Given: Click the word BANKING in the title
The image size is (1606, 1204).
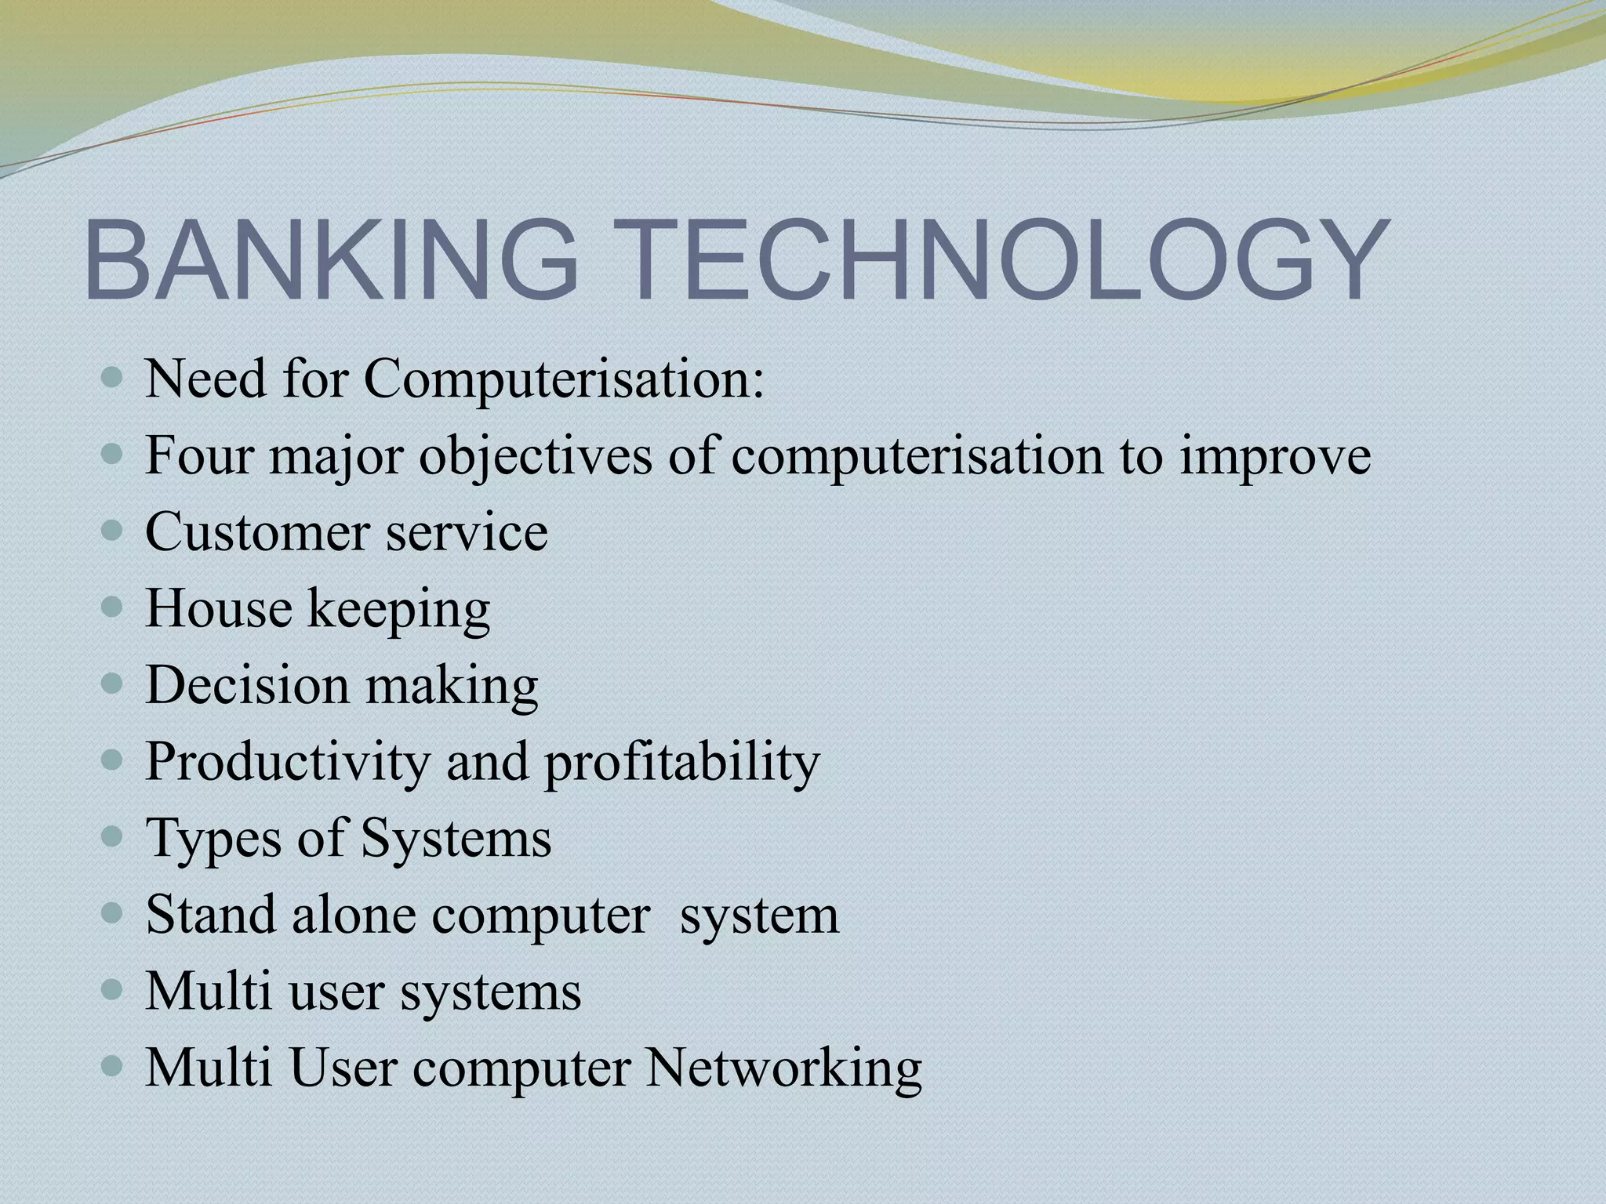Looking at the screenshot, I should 329,260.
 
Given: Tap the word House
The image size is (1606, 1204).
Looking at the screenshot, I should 218,609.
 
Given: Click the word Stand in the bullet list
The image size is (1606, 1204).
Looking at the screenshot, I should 210,915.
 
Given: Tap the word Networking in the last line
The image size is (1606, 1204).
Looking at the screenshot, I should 783,1068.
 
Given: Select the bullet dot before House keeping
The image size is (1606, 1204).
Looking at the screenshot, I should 113,607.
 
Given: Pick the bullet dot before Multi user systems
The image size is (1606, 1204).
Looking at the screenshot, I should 113,990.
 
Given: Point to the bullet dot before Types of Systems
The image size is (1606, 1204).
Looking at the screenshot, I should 113,837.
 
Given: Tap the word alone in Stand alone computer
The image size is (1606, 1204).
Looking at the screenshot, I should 354,915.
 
